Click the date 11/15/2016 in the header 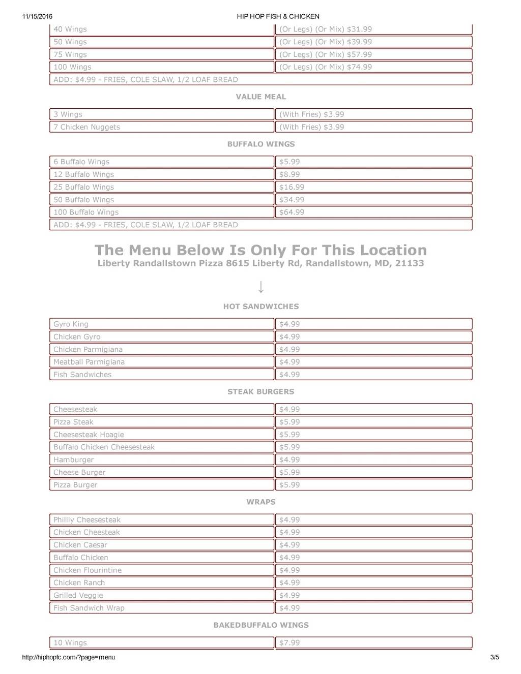(x=38, y=16)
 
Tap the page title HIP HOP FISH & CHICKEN (x=278, y=16)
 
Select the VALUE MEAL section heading (x=260, y=97)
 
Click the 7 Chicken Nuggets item (x=87, y=127)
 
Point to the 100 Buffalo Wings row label (x=86, y=212)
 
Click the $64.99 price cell (x=292, y=212)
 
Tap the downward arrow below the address (x=260, y=287)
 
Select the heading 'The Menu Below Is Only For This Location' (x=260, y=250)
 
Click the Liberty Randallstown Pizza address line (x=260, y=263)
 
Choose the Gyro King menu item (x=71, y=324)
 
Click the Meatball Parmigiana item (x=89, y=362)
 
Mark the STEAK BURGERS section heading (x=260, y=392)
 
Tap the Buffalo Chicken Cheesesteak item (x=104, y=447)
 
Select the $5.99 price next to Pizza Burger (x=290, y=485)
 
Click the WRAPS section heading (x=260, y=502)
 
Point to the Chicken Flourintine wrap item (x=88, y=570)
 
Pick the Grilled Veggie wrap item (x=78, y=595)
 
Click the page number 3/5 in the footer (x=495, y=657)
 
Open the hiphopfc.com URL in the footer (x=69, y=657)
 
